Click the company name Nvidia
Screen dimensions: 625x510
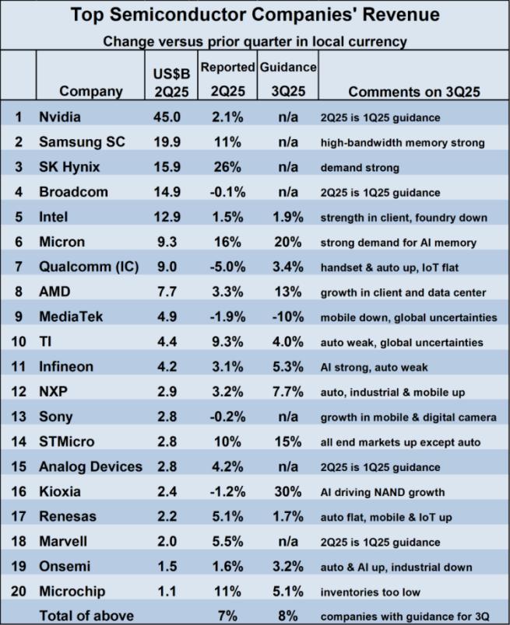pos(61,117)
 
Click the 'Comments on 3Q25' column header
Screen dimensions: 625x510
pos(413,91)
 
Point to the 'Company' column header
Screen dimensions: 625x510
pos(91,91)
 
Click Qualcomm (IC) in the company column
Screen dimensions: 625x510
pos(89,267)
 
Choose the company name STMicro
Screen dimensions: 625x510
pos(66,442)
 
